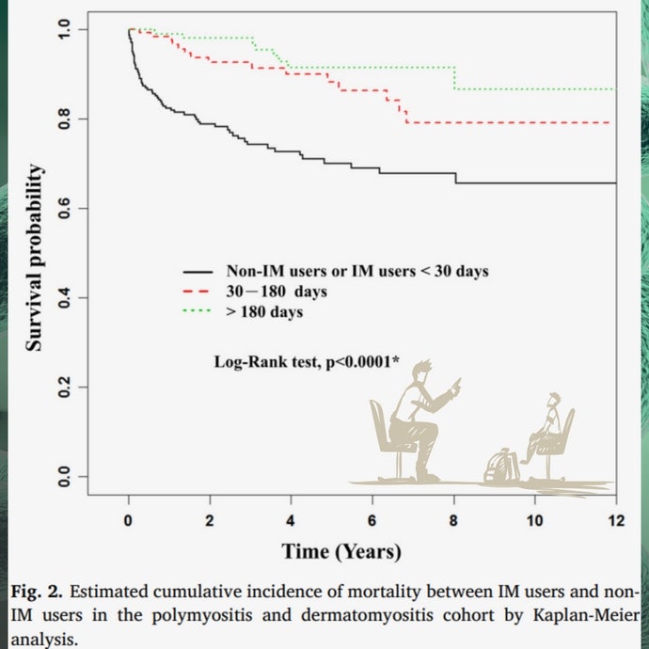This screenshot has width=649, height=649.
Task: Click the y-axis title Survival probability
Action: point(34,258)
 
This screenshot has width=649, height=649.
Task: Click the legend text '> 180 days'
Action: point(264,311)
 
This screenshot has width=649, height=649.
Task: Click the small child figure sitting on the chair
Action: point(548,428)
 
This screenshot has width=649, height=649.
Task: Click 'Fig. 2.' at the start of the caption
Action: point(38,593)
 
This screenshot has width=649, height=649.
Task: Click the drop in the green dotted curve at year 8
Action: point(455,78)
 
